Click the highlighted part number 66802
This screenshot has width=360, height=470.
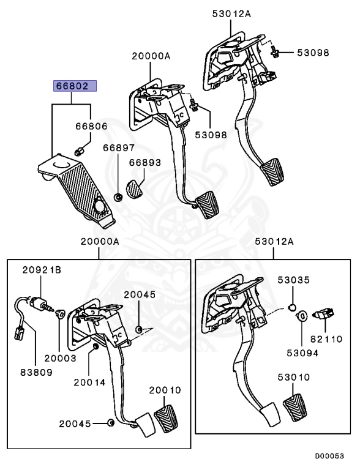(x=73, y=87)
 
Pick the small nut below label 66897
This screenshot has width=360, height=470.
(x=118, y=197)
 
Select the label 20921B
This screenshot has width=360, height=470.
(x=41, y=270)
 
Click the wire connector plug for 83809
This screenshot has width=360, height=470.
(x=18, y=333)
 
